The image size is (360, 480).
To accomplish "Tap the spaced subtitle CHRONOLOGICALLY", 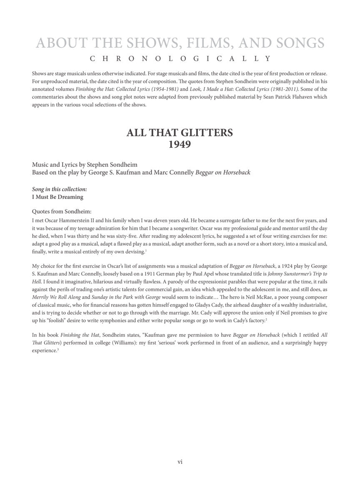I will click(180, 58).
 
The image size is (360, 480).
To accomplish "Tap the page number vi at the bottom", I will click(180, 461).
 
